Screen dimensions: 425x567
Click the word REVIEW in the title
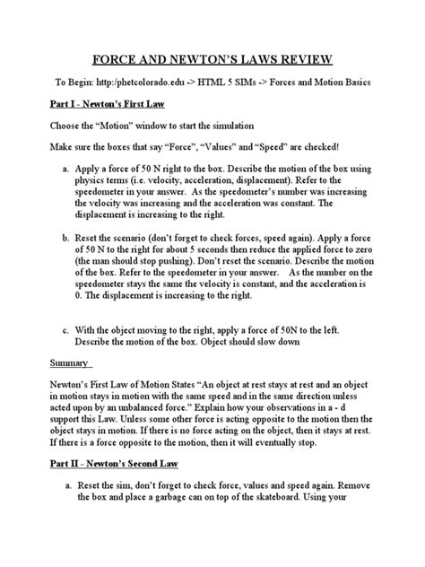coord(300,60)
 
